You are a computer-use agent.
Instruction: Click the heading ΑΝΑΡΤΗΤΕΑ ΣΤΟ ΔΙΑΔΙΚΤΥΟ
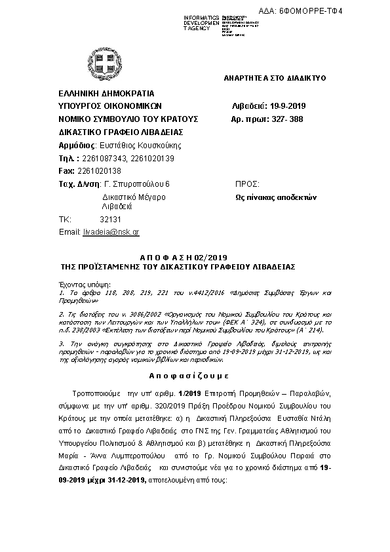[x=275, y=78]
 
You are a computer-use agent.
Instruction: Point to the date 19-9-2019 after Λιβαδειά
[x=292, y=106]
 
